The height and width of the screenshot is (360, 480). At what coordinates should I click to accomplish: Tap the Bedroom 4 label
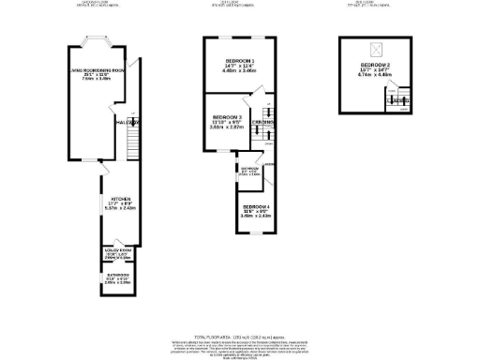256,207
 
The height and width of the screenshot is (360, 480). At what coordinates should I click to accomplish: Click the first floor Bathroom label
248,170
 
